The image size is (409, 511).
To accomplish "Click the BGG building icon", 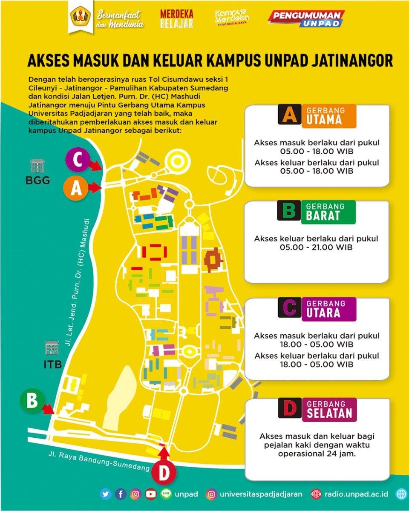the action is (x=37, y=166).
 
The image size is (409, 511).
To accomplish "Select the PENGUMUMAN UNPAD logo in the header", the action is (x=306, y=19).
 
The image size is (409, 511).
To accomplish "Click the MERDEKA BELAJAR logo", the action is (x=176, y=19).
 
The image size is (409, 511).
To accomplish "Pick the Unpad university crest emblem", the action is (x=78, y=19).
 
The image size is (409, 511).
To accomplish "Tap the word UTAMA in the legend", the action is (x=324, y=120).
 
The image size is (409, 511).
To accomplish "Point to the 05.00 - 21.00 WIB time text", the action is (x=316, y=247).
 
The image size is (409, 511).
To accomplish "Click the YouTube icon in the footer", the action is (x=150, y=494).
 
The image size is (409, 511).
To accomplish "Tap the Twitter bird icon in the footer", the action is (x=106, y=494).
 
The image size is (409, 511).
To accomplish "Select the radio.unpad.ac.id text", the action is (x=356, y=494).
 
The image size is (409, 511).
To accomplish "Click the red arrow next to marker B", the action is (x=49, y=409).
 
